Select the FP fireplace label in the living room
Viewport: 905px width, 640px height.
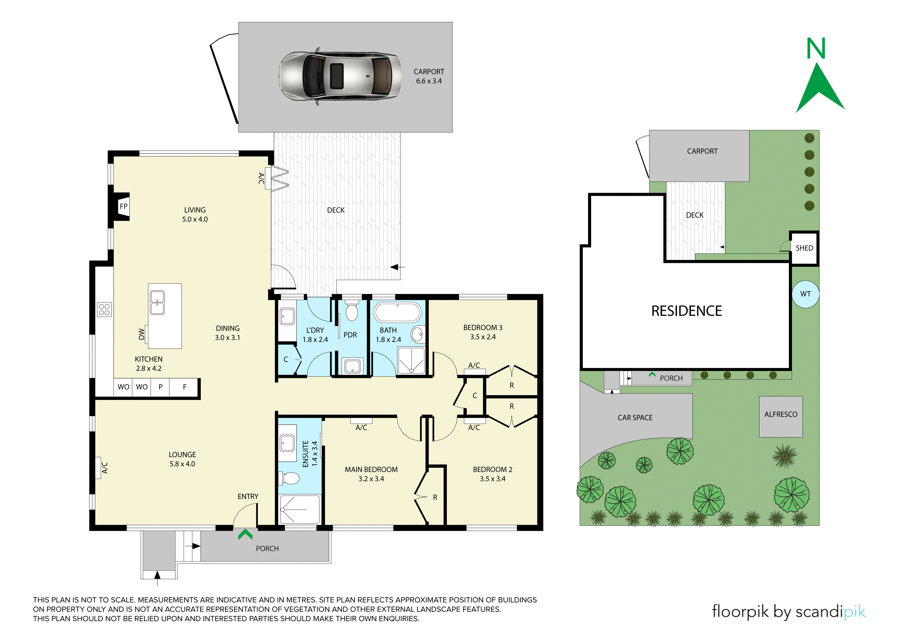pos(123,206)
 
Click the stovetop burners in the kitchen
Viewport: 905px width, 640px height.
pos(104,310)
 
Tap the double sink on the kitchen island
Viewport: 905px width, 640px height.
pos(157,302)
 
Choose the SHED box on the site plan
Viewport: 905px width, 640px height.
pos(804,248)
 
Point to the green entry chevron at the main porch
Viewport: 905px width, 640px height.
pos(245,534)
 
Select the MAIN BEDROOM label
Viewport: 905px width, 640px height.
pos(371,469)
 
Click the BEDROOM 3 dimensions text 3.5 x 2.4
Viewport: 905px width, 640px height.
pos(483,337)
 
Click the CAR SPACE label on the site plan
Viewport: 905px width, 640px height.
pos(635,418)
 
